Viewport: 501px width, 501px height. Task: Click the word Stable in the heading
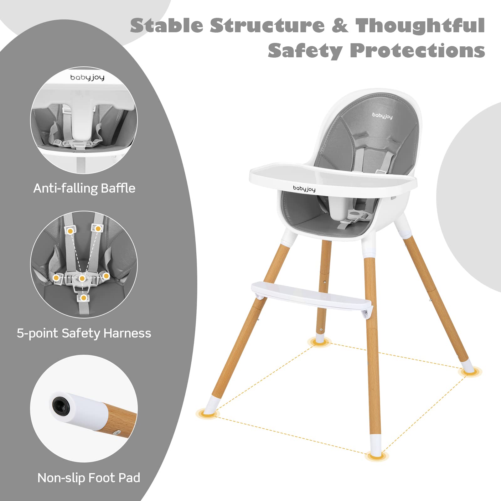tap(167, 25)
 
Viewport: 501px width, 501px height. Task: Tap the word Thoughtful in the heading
tap(420, 25)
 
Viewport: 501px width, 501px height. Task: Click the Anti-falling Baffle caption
tap(84, 188)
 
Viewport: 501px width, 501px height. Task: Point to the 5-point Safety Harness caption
tap(84, 333)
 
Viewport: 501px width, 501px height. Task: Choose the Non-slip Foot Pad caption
tap(89, 478)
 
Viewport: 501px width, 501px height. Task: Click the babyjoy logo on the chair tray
tap(304, 189)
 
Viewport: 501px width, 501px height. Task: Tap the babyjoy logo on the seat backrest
tap(382, 116)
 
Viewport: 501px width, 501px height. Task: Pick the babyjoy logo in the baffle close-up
tap(87, 78)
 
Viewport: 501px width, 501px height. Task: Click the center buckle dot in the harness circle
tap(82, 278)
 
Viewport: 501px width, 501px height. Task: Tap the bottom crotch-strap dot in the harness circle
tap(83, 298)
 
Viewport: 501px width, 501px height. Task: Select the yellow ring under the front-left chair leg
tap(207, 413)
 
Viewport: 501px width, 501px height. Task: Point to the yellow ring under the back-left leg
tap(319, 342)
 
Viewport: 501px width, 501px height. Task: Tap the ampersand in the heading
tap(340, 25)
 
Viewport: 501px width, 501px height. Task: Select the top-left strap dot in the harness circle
tap(70, 231)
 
